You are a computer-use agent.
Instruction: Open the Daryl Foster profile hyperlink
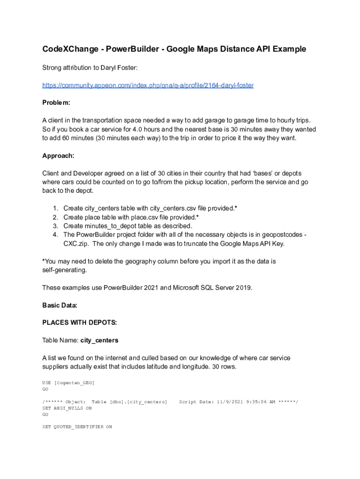[x=148, y=85]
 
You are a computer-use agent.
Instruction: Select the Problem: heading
[x=56, y=102]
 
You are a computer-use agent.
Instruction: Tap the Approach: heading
[x=58, y=156]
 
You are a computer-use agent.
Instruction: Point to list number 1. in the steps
[x=55, y=208]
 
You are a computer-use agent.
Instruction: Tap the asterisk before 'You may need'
[x=43, y=261]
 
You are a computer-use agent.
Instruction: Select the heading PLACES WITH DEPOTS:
[x=79, y=323]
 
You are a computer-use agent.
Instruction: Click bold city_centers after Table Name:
[x=99, y=341]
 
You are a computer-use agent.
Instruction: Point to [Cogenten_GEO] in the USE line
[x=74, y=383]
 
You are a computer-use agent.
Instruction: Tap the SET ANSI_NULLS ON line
[x=67, y=408]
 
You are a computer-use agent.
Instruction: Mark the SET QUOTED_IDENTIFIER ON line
[x=77, y=427]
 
